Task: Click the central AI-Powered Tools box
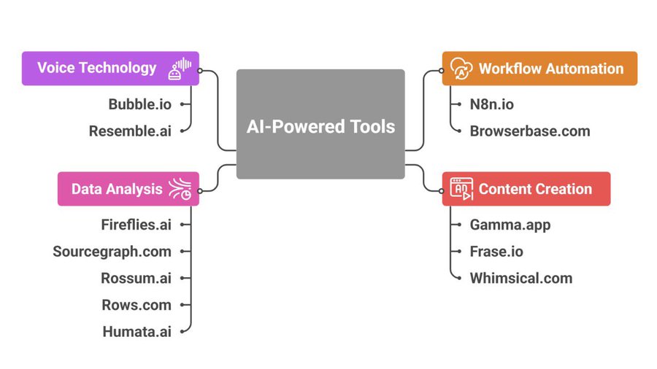coord(320,125)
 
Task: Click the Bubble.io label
coord(139,104)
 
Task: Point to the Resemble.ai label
coord(130,131)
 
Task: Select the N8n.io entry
coord(491,104)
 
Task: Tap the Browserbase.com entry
coord(529,131)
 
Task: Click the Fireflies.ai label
coord(136,225)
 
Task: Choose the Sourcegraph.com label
coord(112,252)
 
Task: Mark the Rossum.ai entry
coord(136,278)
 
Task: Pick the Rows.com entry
coord(137,305)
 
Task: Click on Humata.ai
coord(137,332)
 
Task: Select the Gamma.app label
coord(510,225)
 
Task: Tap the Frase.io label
coord(496,252)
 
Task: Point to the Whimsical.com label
coord(520,278)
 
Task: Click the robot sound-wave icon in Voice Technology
coord(180,69)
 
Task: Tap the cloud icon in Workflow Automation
coord(461,69)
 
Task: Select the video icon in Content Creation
coord(461,189)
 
